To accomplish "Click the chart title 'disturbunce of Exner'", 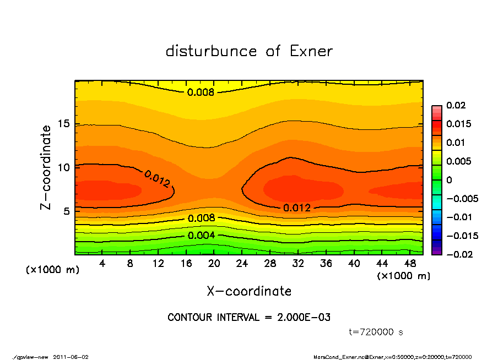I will point(249,51).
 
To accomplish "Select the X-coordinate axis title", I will point(249,291).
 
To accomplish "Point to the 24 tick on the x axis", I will point(242,264).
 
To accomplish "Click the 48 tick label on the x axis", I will point(409,264).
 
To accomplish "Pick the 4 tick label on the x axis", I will point(102,264).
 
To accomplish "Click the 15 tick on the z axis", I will point(63,124).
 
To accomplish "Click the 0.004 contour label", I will point(201,236).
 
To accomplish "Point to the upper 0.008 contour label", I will point(201,92).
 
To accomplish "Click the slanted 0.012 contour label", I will point(158,179).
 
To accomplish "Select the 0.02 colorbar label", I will point(456,105).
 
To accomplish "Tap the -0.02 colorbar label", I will point(458,254).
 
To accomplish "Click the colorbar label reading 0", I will point(449,180).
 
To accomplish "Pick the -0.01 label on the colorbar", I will point(458,217).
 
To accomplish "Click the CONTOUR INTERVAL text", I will point(249,318).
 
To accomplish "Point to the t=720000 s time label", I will point(376,332).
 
